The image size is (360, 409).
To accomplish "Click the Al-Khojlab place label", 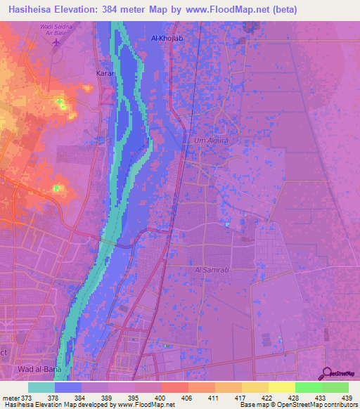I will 167,38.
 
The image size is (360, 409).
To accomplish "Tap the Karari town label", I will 105,72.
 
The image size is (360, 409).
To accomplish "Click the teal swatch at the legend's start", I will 41,387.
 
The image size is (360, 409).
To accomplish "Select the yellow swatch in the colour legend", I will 281,387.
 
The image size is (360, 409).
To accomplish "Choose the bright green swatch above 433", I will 308,387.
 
